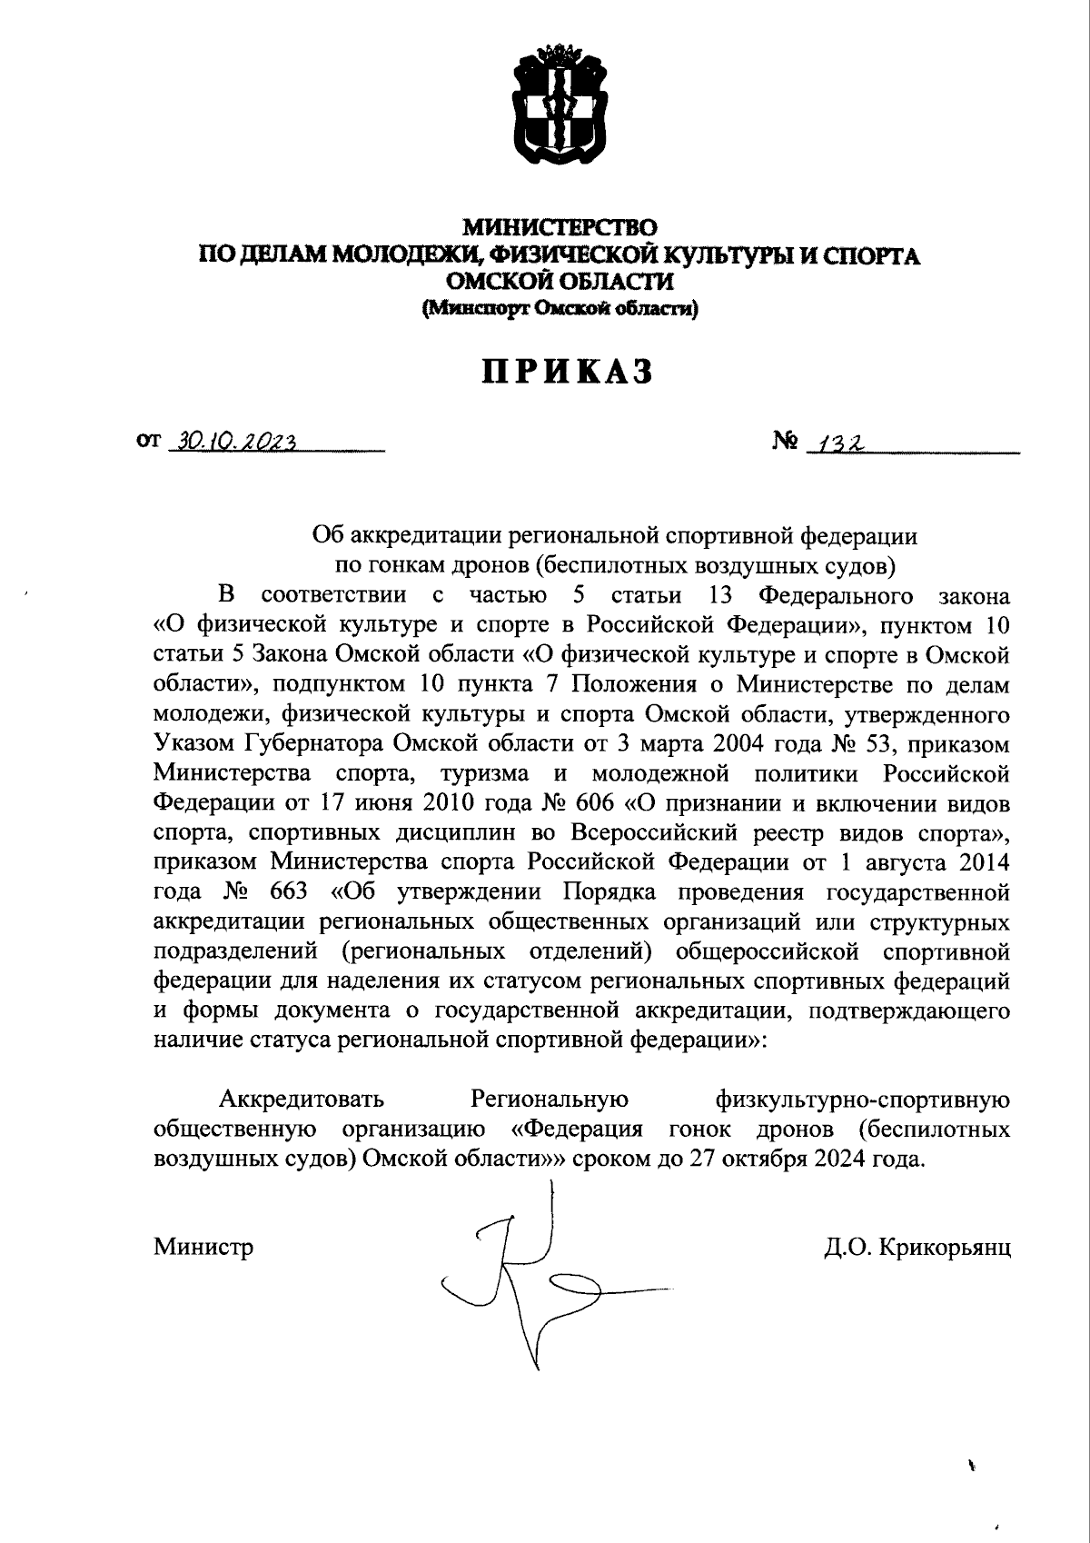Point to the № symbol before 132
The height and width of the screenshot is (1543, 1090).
point(785,442)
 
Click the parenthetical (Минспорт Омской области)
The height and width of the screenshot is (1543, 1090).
point(560,310)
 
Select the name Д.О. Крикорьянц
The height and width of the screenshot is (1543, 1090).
point(917,1247)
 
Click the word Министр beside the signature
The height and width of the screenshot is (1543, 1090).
point(203,1247)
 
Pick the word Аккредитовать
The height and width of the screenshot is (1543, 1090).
point(302,1100)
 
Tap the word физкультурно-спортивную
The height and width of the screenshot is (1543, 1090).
point(863,1100)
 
